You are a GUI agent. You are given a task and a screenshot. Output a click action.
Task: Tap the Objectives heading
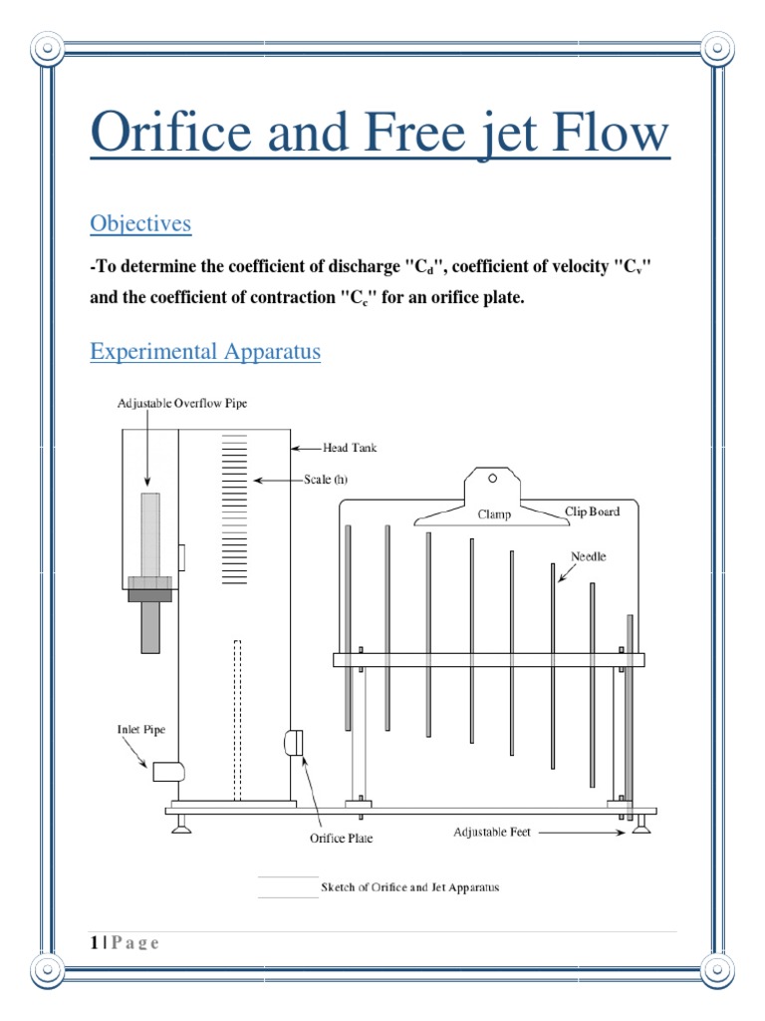[x=140, y=223]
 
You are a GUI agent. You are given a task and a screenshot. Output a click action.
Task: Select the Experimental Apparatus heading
[x=205, y=352]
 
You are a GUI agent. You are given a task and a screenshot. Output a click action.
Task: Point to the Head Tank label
[x=350, y=449]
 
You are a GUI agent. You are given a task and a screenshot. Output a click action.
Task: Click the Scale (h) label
[x=326, y=480]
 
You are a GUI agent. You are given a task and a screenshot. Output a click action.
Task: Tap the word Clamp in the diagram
[x=494, y=514]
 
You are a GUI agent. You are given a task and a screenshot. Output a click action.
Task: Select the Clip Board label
[x=592, y=511]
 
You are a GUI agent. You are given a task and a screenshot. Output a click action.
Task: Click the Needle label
[x=588, y=555]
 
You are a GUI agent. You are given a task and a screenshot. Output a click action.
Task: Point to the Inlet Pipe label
[x=141, y=730]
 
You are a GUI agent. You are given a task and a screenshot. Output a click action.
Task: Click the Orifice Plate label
[x=341, y=840]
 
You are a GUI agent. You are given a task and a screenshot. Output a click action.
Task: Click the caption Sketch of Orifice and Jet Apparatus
[x=409, y=886]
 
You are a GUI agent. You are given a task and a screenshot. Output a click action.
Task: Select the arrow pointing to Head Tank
[x=306, y=449]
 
